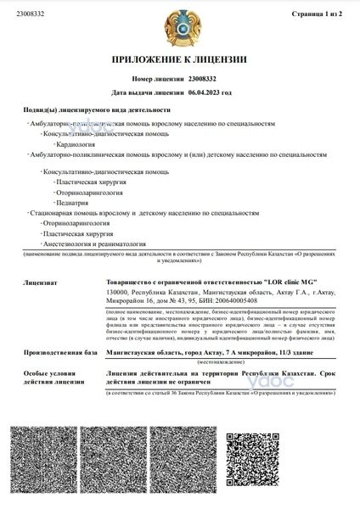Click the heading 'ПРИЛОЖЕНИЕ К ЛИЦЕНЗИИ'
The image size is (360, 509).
pyautogui.click(x=179, y=60)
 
